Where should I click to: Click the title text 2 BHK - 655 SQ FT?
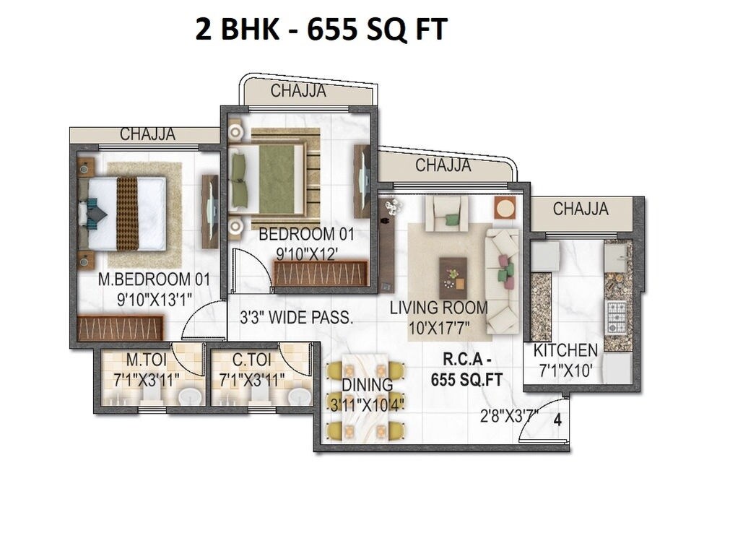click(321, 30)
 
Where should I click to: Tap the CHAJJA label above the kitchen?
click(581, 209)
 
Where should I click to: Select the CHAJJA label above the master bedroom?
click(147, 134)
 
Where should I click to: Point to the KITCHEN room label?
click(565, 351)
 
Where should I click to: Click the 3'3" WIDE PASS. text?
click(296, 317)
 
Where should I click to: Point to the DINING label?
click(367, 385)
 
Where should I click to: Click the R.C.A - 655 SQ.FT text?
click(466, 370)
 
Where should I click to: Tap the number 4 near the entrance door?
click(557, 420)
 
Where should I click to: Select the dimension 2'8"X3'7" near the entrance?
click(510, 417)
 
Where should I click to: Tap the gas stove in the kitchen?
click(616, 317)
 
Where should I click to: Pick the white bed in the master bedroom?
click(126, 214)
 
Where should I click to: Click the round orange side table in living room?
click(505, 208)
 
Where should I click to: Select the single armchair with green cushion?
click(446, 213)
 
